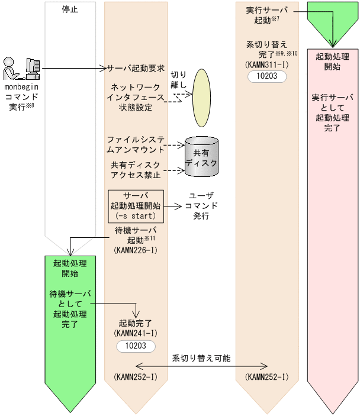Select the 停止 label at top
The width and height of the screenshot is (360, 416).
pyautogui.click(x=70, y=9)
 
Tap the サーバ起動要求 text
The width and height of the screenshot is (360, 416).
pyautogui.click(x=136, y=68)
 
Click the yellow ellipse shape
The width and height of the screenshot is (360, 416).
pyautogui.click(x=201, y=93)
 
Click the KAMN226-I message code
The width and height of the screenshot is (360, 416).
pyautogui.click(x=136, y=250)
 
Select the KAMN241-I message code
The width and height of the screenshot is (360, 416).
pyautogui.click(x=136, y=333)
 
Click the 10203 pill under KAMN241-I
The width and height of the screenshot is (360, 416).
pyautogui.click(x=136, y=345)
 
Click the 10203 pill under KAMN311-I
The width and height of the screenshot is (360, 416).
pyautogui.click(x=268, y=76)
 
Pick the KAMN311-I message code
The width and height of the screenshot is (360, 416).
pyautogui.click(x=268, y=64)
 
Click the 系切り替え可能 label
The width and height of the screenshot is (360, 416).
pyautogui.click(x=201, y=358)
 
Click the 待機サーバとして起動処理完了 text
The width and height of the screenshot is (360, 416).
pyautogui.click(x=70, y=308)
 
